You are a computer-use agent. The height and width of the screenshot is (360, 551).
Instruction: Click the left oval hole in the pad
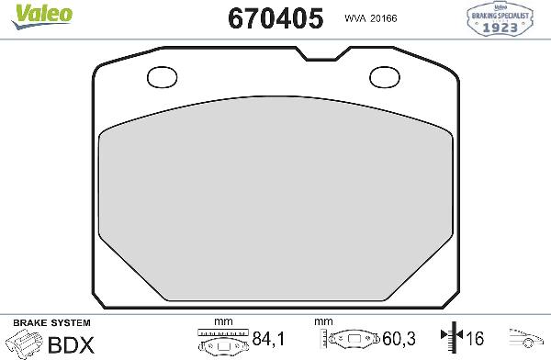click(163, 77)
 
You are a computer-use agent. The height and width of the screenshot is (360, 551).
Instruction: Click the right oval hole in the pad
click(383, 77)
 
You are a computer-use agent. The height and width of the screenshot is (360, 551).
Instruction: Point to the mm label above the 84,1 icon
click(220, 322)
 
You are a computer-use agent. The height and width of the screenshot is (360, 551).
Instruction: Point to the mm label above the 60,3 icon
click(322, 322)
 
